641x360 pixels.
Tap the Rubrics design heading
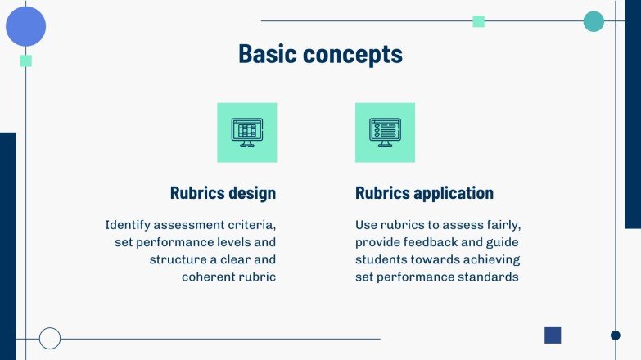coord(223,193)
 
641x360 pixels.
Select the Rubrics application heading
coord(424,193)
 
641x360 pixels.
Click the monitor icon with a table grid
coord(246,132)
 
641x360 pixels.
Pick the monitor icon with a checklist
coord(385,132)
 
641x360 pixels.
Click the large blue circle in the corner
coord(26,26)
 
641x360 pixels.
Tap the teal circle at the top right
coord(594,21)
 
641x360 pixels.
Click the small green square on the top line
coord(479,21)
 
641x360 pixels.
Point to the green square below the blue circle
coord(26,61)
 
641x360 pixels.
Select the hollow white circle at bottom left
coord(50,338)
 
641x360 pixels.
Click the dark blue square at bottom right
coord(553,335)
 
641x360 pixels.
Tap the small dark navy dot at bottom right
coord(616,335)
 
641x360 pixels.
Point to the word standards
coord(489,277)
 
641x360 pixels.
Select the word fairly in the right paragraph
coord(501,224)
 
